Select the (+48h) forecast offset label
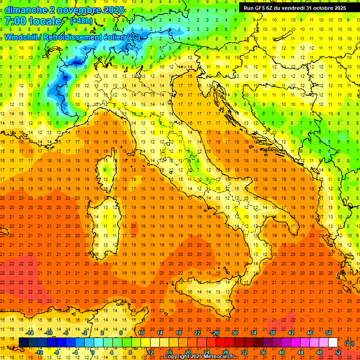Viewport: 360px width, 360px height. click(x=81, y=21)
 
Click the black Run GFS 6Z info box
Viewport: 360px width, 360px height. click(x=295, y=7)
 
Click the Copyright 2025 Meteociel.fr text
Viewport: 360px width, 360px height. click(x=199, y=357)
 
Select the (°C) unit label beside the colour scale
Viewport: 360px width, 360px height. click(x=349, y=343)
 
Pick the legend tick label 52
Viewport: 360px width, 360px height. click(x=338, y=352)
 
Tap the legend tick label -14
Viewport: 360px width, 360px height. click(x=30, y=333)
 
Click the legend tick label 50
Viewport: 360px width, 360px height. click(x=329, y=333)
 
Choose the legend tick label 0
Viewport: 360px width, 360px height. click(x=92, y=352)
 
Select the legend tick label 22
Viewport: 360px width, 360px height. click(x=197, y=333)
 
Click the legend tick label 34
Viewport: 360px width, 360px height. click(x=254, y=333)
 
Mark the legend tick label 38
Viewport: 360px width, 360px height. click(x=272, y=333)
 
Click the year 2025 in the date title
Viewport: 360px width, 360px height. click(x=113, y=10)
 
